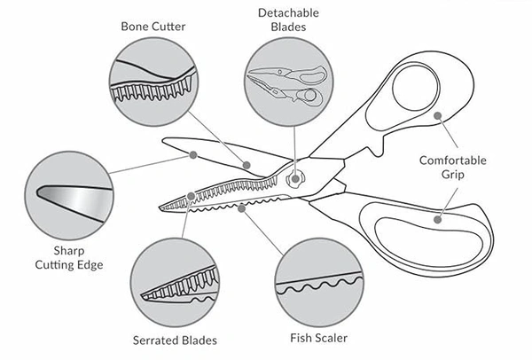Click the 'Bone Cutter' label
pyautogui.click(x=153, y=25)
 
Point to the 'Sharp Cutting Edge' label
pyautogui.click(x=65, y=257)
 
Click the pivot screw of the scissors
pyautogui.click(x=296, y=179)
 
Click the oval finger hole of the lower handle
pyautogui.click(x=426, y=233)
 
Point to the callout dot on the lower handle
pyautogui.click(x=438, y=215)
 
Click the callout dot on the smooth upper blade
pyautogui.click(x=192, y=154)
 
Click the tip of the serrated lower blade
pyautogui.click(x=160, y=207)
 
